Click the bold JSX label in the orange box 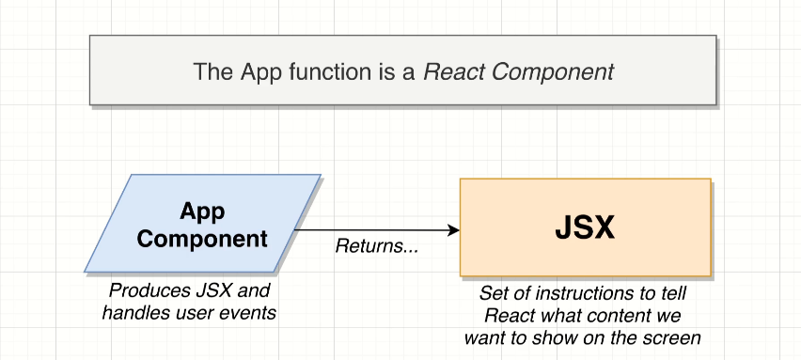click(x=585, y=227)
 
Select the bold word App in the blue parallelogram click(x=202, y=211)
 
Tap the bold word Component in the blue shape click(x=202, y=239)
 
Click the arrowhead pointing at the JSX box click(x=454, y=230)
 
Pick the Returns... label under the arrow click(x=376, y=246)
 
